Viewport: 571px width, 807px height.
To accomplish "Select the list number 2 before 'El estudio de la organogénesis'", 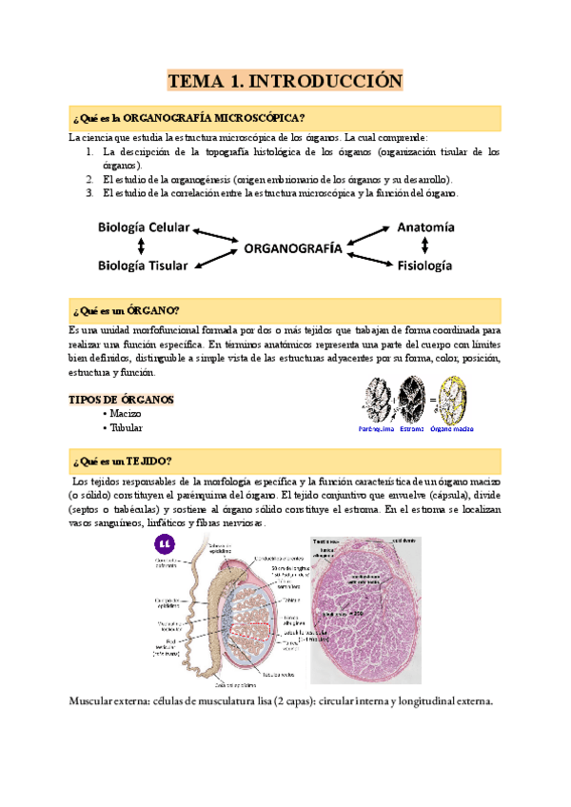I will click(89, 179).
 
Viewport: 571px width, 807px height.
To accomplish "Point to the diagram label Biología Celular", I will click(144, 228).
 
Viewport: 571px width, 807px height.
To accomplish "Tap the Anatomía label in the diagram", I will click(425, 228).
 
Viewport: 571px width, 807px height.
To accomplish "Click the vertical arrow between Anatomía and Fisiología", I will click(425, 247).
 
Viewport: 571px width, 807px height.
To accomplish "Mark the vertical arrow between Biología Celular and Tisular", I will click(144, 247).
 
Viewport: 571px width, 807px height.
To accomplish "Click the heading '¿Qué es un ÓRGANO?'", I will click(126, 310).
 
